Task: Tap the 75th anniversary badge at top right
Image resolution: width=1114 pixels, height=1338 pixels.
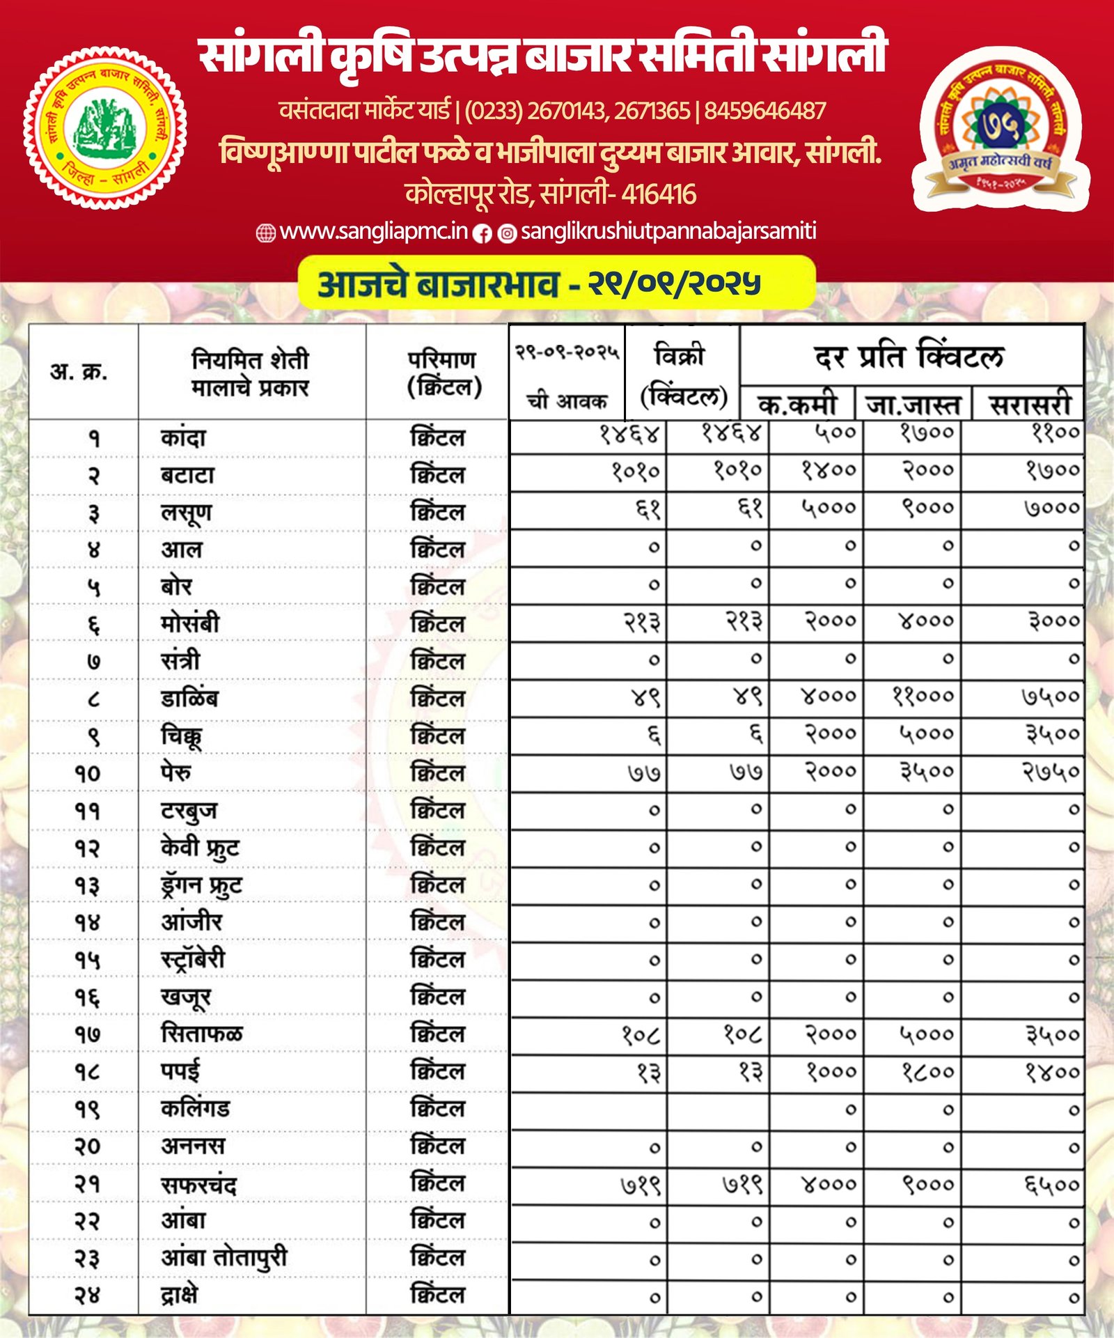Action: (999, 130)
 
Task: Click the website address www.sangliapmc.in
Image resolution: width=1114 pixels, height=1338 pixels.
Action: (373, 231)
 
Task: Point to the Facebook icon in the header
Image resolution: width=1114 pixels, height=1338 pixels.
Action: (482, 234)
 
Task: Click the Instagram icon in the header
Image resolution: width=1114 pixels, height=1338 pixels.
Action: (508, 234)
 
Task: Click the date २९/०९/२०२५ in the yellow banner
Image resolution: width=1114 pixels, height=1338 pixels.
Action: (674, 283)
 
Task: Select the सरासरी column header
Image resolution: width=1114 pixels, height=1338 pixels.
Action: (1029, 405)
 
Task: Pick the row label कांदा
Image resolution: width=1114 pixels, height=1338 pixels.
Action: (183, 438)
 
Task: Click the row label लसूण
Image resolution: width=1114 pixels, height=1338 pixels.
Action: (186, 513)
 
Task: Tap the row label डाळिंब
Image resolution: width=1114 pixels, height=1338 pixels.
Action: (189, 698)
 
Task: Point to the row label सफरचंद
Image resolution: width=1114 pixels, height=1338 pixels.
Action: (198, 1184)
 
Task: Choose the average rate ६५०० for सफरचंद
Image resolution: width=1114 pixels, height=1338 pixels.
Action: (1051, 1184)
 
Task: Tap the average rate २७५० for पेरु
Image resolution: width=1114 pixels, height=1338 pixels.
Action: (1051, 772)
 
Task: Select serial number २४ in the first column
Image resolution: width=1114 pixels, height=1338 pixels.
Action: (88, 1296)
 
